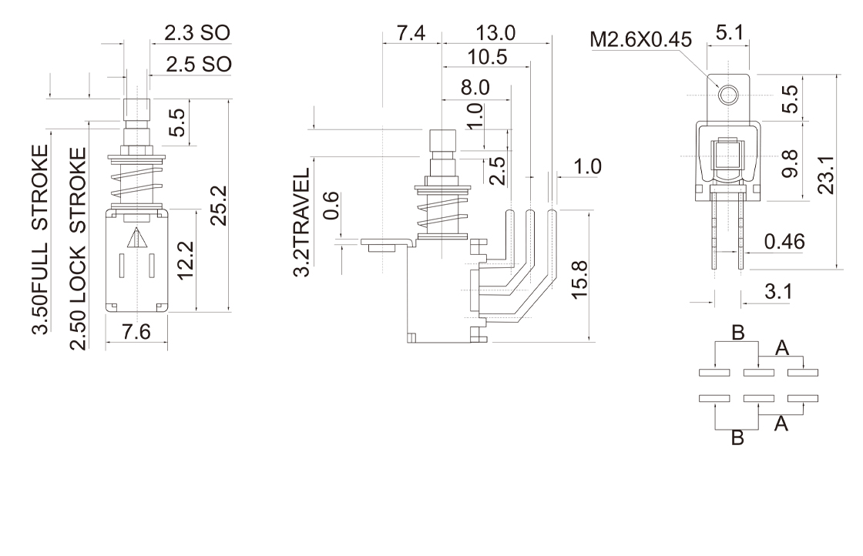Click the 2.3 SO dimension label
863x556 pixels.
tap(196, 32)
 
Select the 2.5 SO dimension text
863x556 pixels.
tap(196, 63)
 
